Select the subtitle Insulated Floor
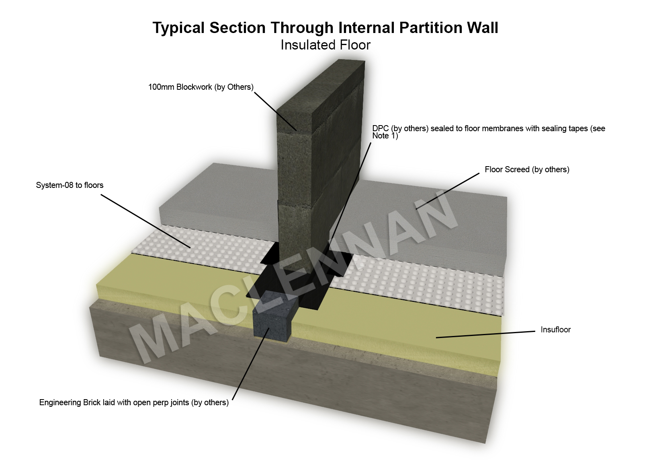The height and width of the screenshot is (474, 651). pos(325,45)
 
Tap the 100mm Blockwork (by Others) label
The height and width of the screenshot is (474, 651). pos(201,87)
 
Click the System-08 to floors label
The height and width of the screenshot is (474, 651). pos(70,185)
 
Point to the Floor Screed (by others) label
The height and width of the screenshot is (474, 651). pos(527,169)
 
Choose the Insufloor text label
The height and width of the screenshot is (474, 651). pos(555,330)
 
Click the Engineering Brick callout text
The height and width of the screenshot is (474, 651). pos(134,402)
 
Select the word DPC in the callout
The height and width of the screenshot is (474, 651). pos(380,128)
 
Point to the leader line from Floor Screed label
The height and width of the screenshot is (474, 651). pos(448,191)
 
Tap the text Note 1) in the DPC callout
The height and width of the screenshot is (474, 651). pos(385,136)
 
